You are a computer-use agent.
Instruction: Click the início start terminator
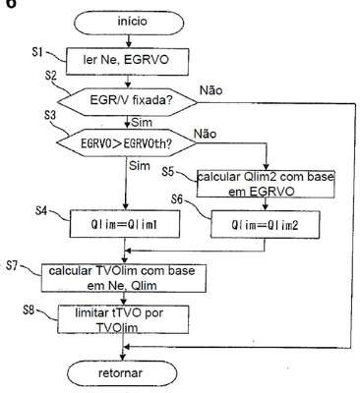[x=129, y=23]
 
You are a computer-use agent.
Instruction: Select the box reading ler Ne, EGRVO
[x=128, y=61]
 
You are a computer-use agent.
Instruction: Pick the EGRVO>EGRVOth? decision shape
[x=127, y=143]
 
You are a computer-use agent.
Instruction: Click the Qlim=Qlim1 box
[x=125, y=224]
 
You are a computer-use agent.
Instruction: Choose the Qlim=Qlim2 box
[x=265, y=224]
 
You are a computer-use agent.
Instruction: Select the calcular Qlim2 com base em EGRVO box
[x=266, y=184]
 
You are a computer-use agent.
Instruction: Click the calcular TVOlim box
[x=124, y=278]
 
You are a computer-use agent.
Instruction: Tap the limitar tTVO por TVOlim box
[x=123, y=319]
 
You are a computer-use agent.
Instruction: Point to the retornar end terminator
[x=122, y=373]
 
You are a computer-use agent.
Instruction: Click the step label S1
[x=37, y=52]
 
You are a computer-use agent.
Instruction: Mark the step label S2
[x=50, y=76]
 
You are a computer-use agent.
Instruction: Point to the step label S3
[x=50, y=115]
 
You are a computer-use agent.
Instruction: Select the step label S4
[x=41, y=210]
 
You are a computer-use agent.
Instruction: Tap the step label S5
[x=168, y=172]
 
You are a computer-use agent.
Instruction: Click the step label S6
[x=177, y=199]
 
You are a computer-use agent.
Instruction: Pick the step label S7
[x=12, y=265]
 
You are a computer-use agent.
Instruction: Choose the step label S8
[x=29, y=310]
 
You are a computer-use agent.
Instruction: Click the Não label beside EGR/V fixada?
[x=211, y=90]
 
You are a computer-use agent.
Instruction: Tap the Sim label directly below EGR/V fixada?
[x=142, y=123]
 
